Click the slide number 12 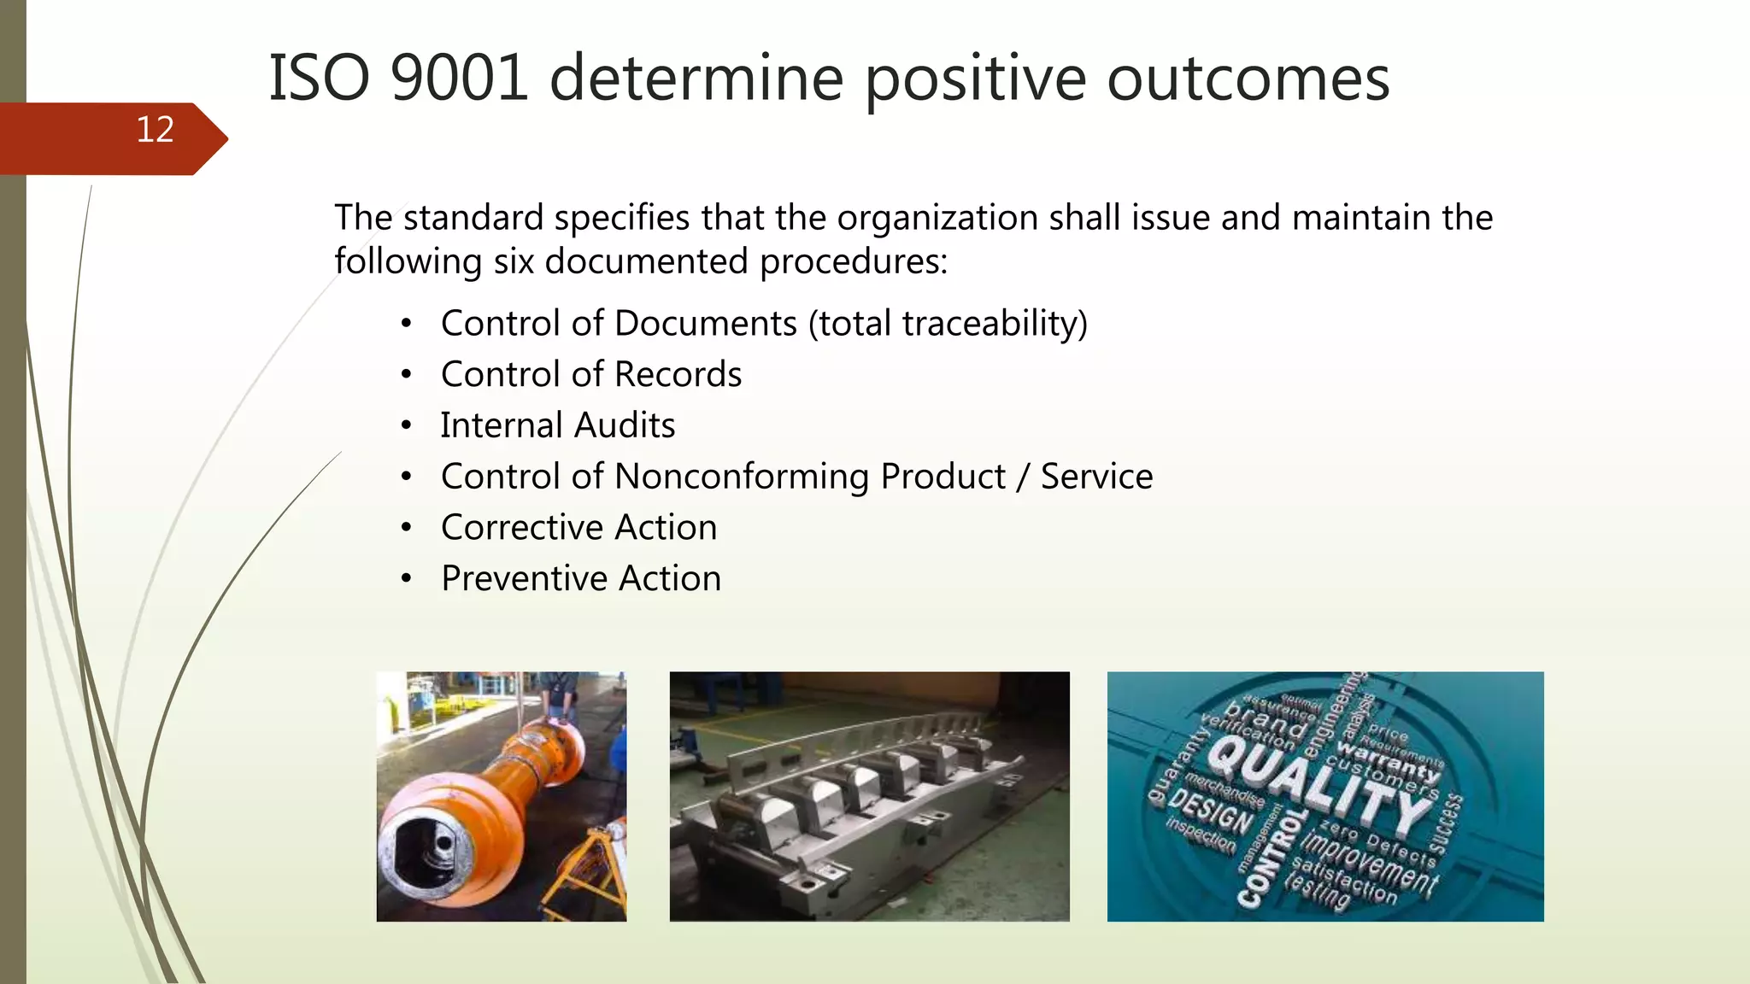(155, 130)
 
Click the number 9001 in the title (459, 79)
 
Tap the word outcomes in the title (1248, 79)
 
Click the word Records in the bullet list (678, 375)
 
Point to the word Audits (624, 425)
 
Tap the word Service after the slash (1096, 477)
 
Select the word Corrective (520, 528)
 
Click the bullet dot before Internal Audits (407, 425)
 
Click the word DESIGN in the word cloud (1210, 811)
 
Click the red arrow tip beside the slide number (218, 138)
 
